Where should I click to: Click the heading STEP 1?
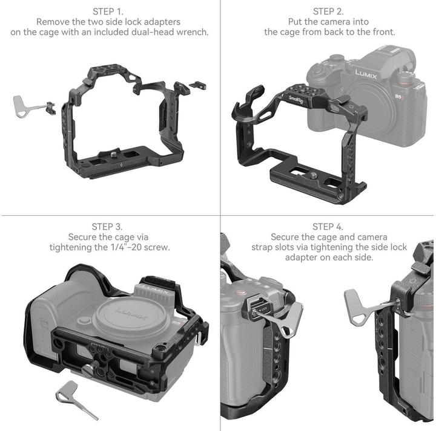click(x=110, y=11)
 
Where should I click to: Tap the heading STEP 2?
click(x=329, y=11)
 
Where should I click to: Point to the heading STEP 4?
click(x=329, y=227)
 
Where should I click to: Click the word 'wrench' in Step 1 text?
click(x=191, y=31)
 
